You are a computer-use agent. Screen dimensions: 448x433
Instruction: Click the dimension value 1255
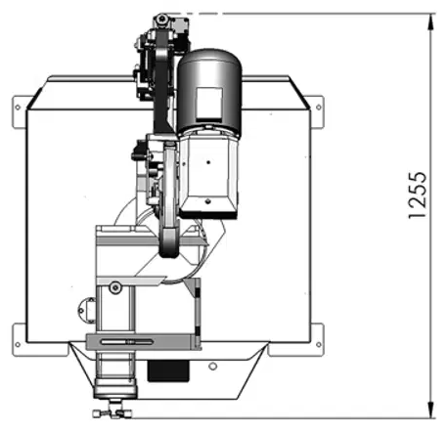418,195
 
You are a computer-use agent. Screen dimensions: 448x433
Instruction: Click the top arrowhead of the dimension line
431,22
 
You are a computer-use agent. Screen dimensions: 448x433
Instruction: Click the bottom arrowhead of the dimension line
431,410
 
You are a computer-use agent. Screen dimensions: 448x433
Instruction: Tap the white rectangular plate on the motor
209,103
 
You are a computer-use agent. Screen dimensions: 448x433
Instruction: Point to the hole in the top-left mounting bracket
18,108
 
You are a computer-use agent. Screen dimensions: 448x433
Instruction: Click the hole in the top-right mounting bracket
319,108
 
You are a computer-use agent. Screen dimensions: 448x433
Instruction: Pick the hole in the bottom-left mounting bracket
18,344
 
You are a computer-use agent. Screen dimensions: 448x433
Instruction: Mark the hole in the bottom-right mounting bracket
319,344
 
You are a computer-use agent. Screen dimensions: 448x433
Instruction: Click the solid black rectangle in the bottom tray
168,370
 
